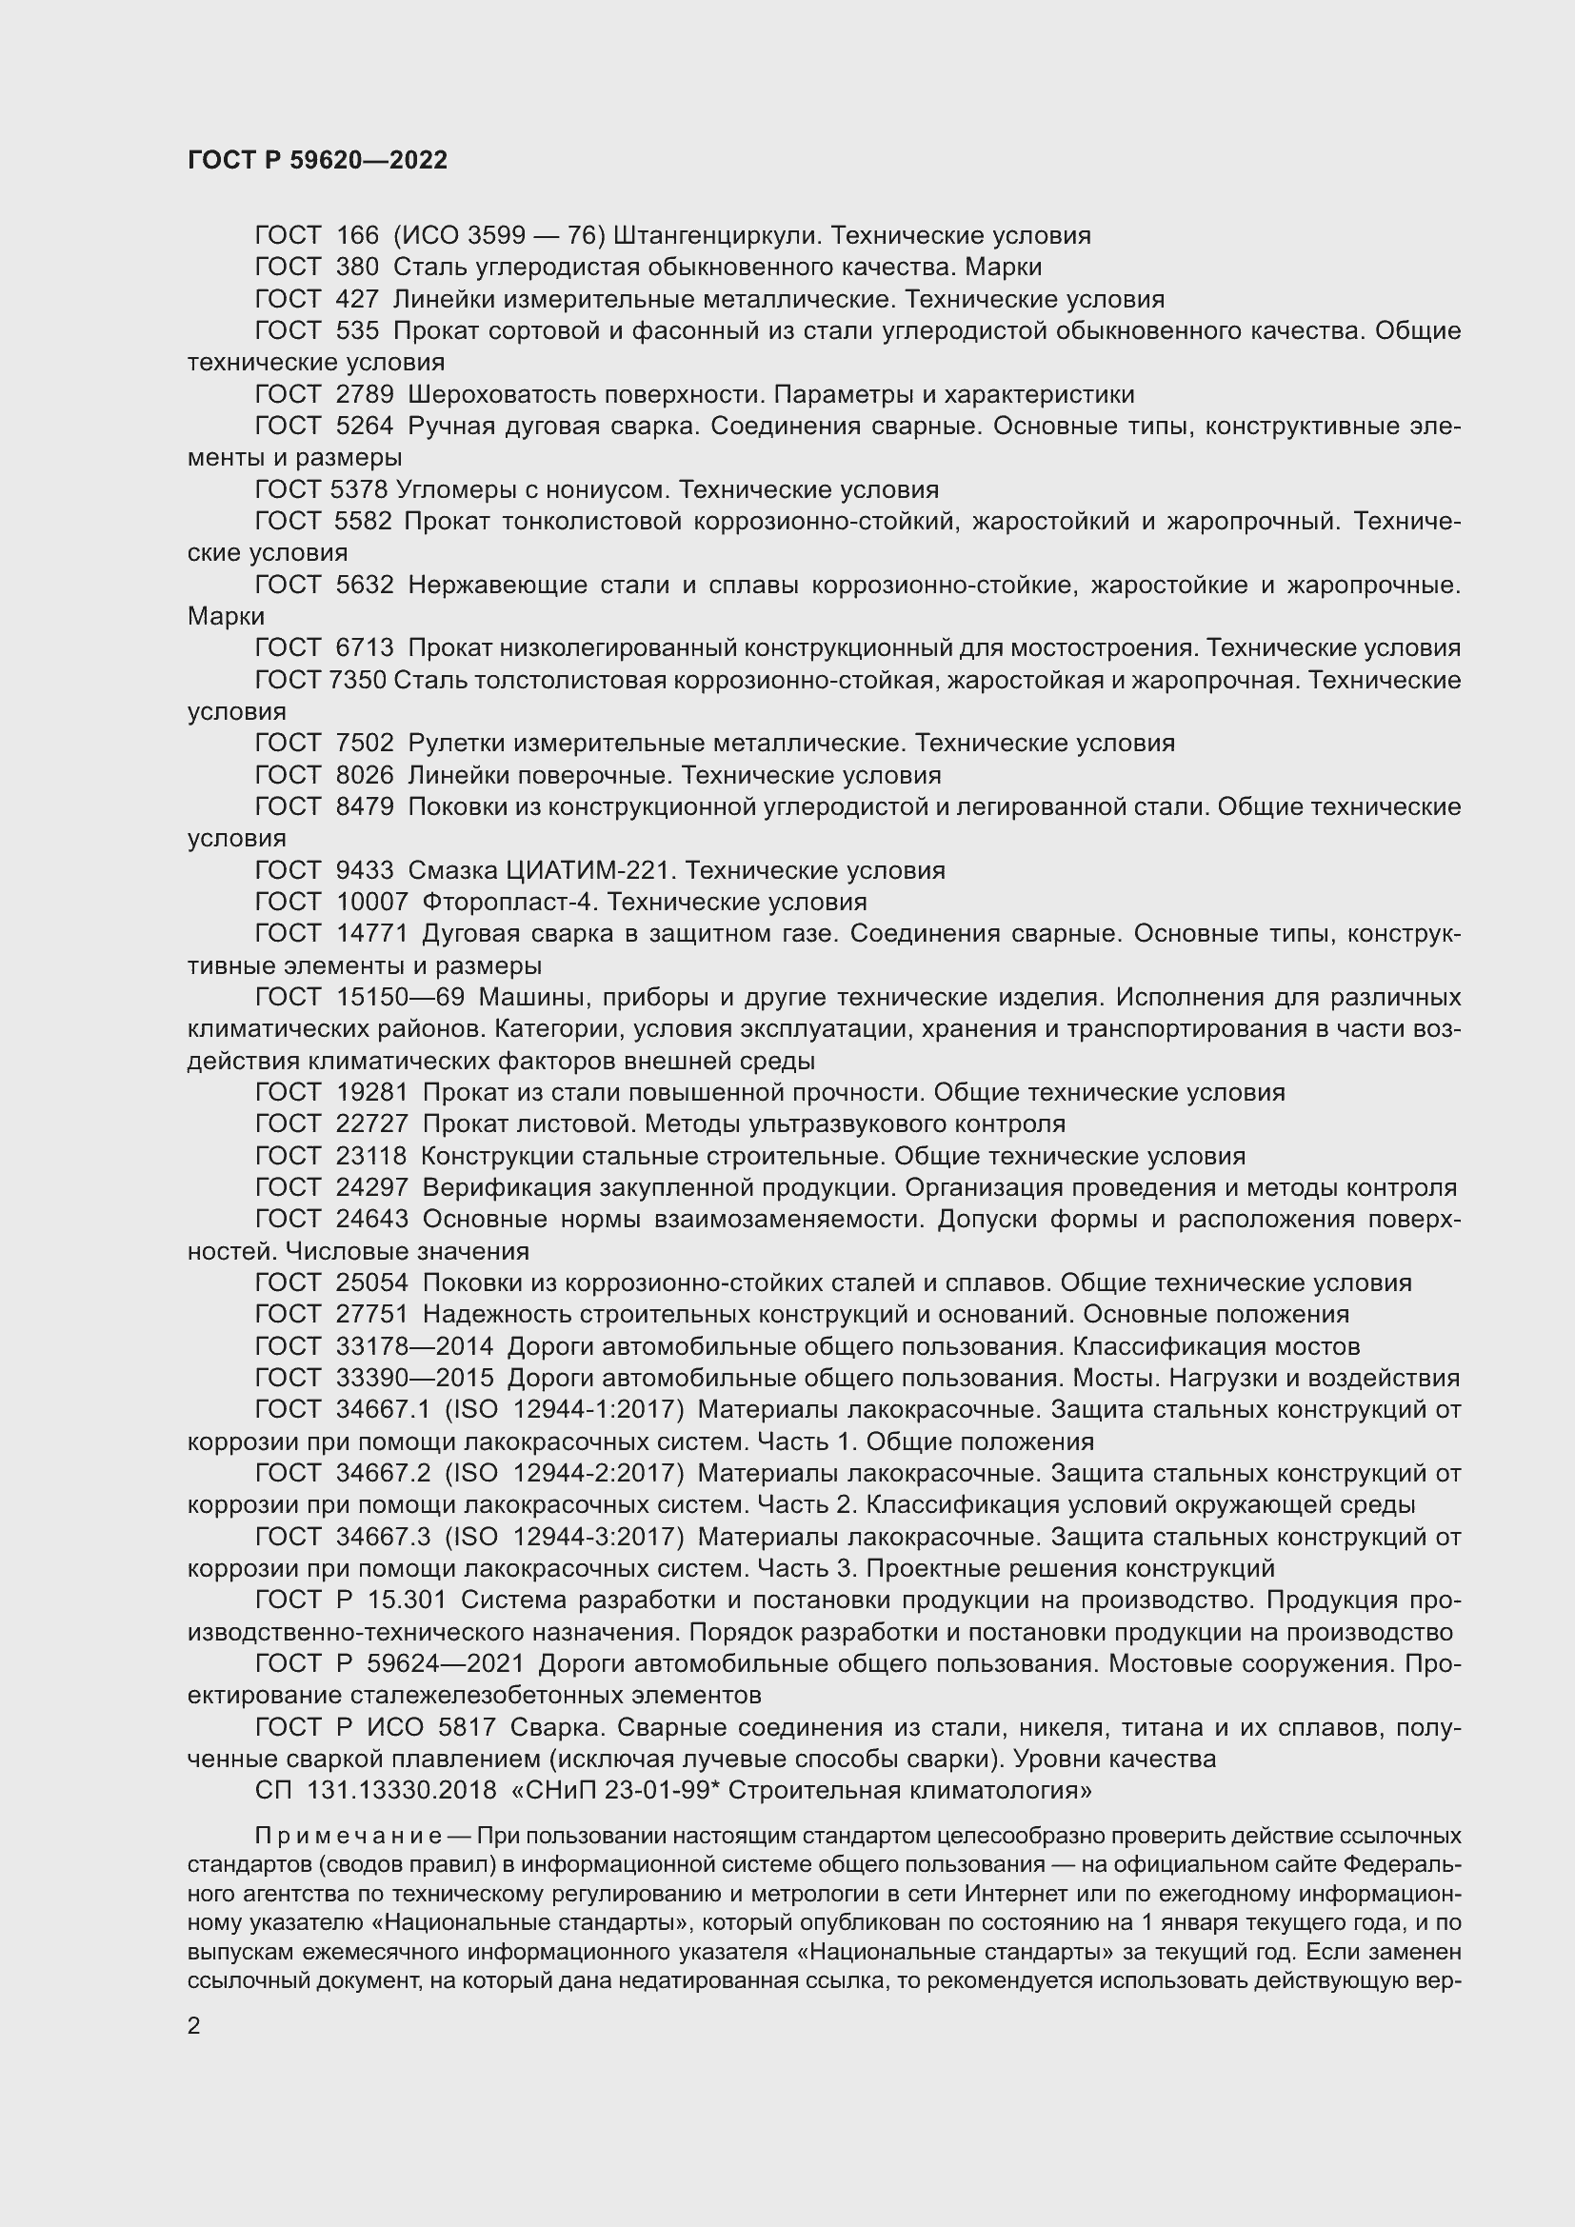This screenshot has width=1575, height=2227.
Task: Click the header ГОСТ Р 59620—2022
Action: tap(317, 160)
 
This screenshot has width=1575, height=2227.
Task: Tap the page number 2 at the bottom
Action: tap(194, 2025)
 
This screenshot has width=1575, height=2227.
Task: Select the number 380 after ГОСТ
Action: tap(356, 267)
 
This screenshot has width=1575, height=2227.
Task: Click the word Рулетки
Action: tap(457, 743)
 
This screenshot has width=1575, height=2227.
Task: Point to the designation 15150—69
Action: tap(401, 997)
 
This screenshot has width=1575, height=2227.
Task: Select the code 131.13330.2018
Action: tap(401, 1790)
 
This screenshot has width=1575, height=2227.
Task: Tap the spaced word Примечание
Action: tap(349, 1836)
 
